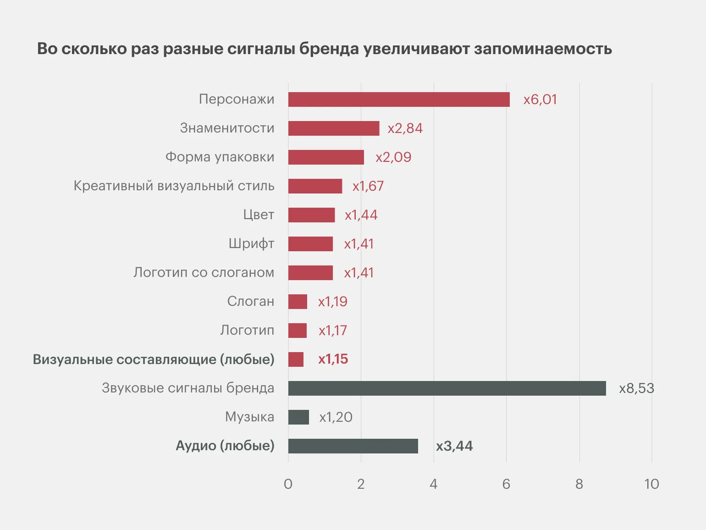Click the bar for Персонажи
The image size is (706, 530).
point(399,99)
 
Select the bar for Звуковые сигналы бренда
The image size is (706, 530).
point(447,388)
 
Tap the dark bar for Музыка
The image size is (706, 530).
point(298,417)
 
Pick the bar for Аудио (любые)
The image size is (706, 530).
point(353,446)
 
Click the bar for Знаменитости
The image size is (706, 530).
point(334,128)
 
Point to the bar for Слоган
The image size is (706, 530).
point(298,302)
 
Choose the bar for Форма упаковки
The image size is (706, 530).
point(326,157)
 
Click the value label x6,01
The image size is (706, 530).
point(540,99)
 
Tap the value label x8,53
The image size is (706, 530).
point(636,388)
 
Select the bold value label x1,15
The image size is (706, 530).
point(333,359)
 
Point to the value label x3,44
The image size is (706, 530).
point(454,446)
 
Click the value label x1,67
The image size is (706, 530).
point(368,186)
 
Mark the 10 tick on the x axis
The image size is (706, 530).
point(651,484)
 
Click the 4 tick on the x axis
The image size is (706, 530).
point(434,484)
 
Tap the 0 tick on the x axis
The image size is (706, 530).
point(288,484)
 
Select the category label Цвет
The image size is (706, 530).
point(259,215)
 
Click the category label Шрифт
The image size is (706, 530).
point(252,244)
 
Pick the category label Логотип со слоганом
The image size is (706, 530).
point(204,272)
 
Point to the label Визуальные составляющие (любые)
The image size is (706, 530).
point(154,359)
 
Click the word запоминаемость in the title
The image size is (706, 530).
point(543,49)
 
